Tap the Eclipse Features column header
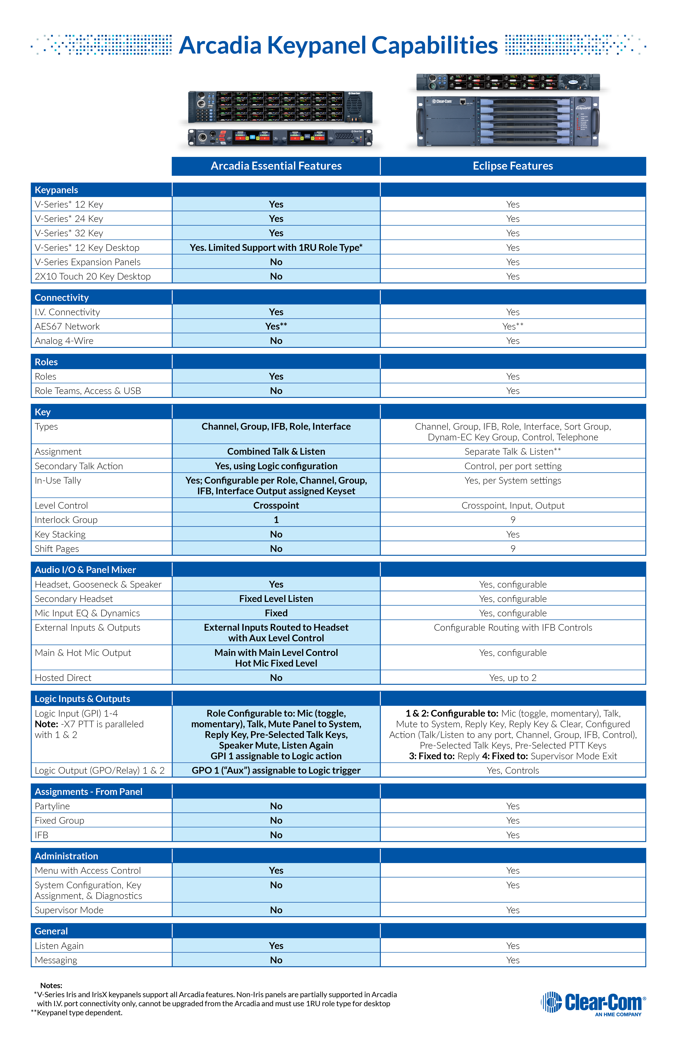click(x=513, y=166)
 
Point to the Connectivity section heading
click(x=62, y=298)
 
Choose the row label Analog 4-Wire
click(x=64, y=341)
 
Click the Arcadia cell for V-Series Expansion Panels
click(x=276, y=262)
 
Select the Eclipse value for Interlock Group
click(x=513, y=520)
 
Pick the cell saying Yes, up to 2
click(x=513, y=678)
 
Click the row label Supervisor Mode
click(x=69, y=910)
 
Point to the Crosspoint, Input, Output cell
click(x=513, y=505)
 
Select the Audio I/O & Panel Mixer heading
click(x=85, y=570)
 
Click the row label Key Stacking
click(x=60, y=534)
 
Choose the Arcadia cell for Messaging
click(x=276, y=960)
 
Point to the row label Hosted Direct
click(x=63, y=678)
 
